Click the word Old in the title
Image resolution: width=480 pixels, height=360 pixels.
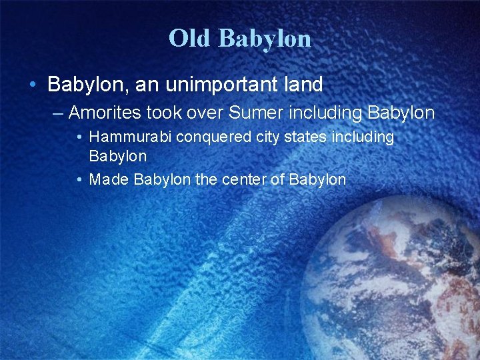click(x=190, y=39)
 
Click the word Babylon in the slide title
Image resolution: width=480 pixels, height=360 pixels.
click(x=264, y=39)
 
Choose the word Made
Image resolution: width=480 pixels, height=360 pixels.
click(x=109, y=179)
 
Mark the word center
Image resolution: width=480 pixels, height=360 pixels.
click(x=247, y=179)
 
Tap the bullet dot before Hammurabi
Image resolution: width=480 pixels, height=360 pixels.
click(x=79, y=137)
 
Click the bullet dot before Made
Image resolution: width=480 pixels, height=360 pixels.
click(x=79, y=179)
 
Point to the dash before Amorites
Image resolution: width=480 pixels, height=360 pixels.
click(x=58, y=113)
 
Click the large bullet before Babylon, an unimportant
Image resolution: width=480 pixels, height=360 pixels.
click(x=33, y=85)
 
